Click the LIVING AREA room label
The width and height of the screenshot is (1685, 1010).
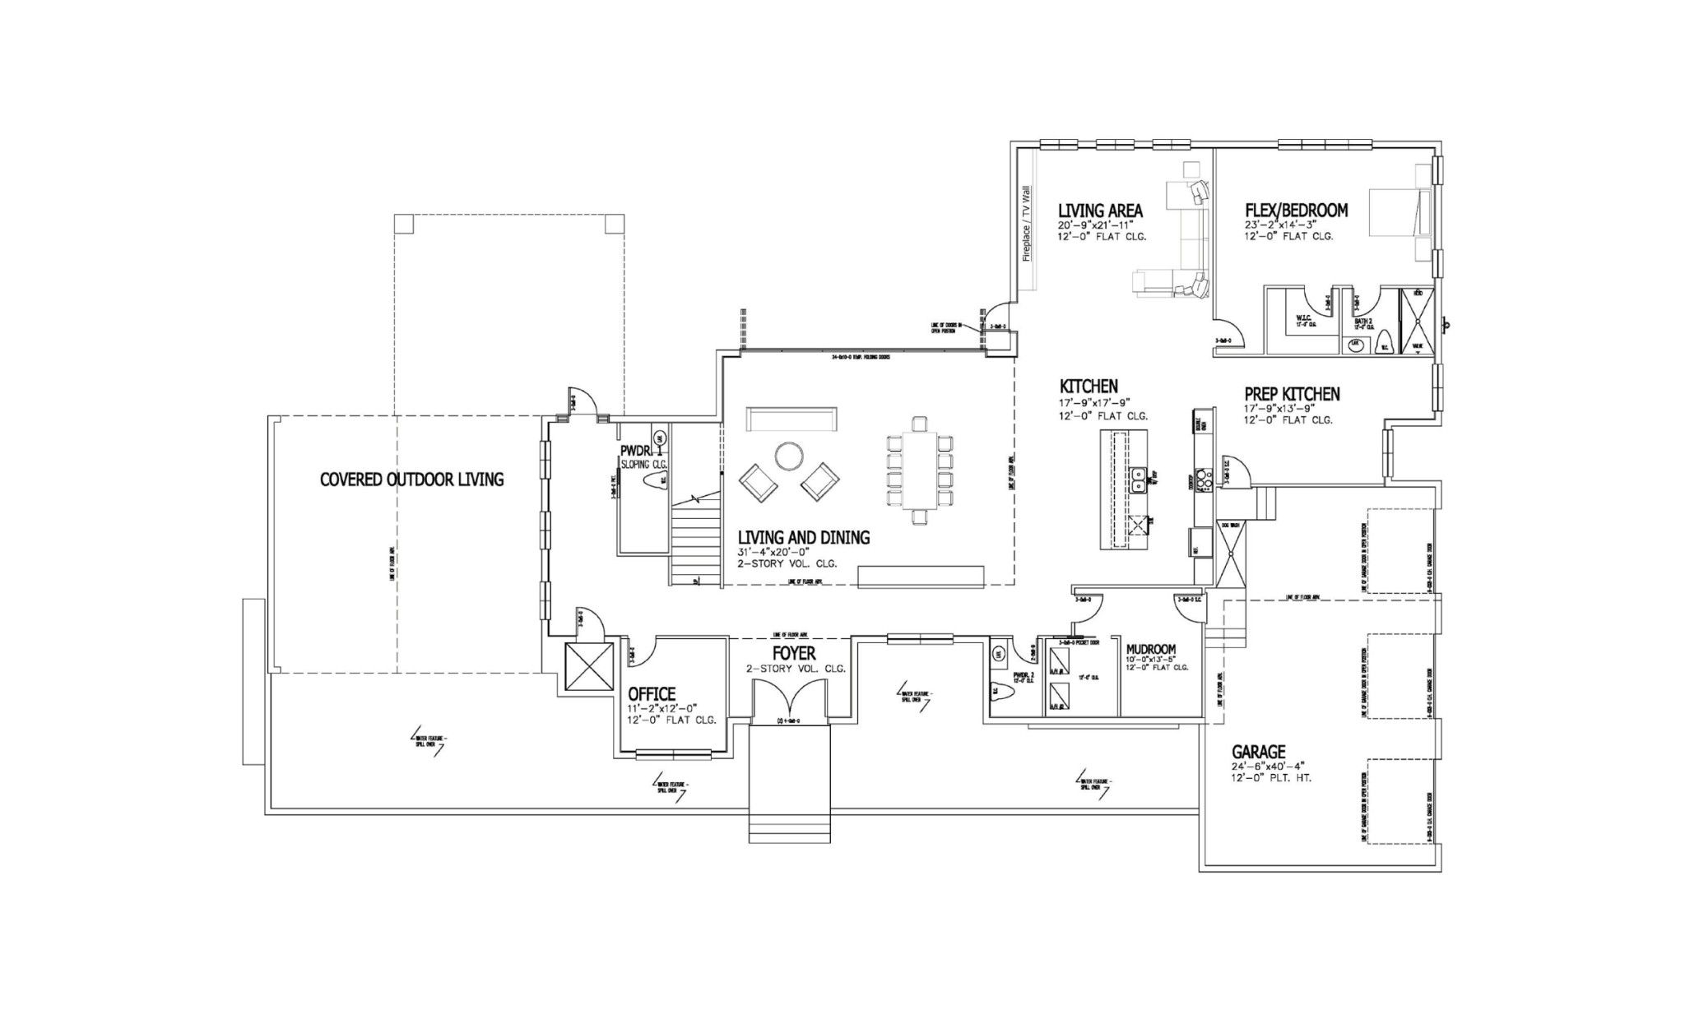point(1100,211)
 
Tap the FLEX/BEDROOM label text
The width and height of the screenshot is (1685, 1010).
point(1296,211)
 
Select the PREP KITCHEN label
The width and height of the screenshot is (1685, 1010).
point(1292,395)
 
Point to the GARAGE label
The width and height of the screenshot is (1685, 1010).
point(1258,752)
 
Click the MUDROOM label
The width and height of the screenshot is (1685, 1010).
point(1151,649)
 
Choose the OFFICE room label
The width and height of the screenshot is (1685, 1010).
point(652,694)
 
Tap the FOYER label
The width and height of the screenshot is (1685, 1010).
point(793,653)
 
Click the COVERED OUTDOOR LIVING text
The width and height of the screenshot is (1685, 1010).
point(411,480)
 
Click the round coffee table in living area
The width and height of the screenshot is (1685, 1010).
point(789,456)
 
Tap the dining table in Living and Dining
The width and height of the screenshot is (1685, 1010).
point(920,475)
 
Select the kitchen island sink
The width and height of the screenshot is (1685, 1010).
point(1139,479)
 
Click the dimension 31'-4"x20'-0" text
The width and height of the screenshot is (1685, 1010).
point(774,552)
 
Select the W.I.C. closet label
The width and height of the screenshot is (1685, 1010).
point(1302,317)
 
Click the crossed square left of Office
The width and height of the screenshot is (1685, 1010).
point(589,667)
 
